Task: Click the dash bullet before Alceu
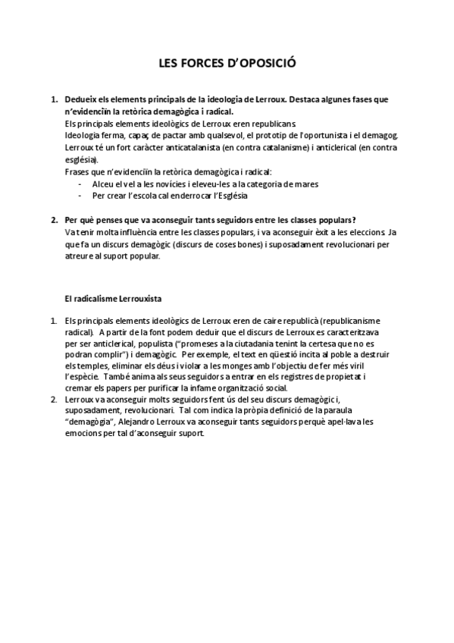[80, 183]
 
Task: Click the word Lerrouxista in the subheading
[138, 298]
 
